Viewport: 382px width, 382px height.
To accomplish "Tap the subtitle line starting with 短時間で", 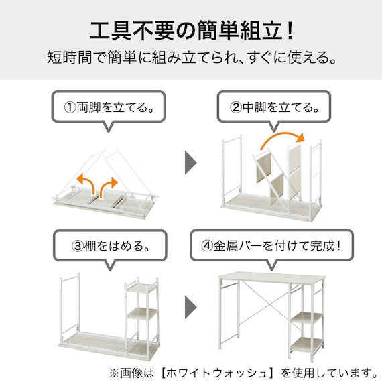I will (191, 58).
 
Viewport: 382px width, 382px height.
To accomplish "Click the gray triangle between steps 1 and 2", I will (191, 162).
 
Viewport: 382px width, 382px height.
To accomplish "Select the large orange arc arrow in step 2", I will (282, 140).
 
